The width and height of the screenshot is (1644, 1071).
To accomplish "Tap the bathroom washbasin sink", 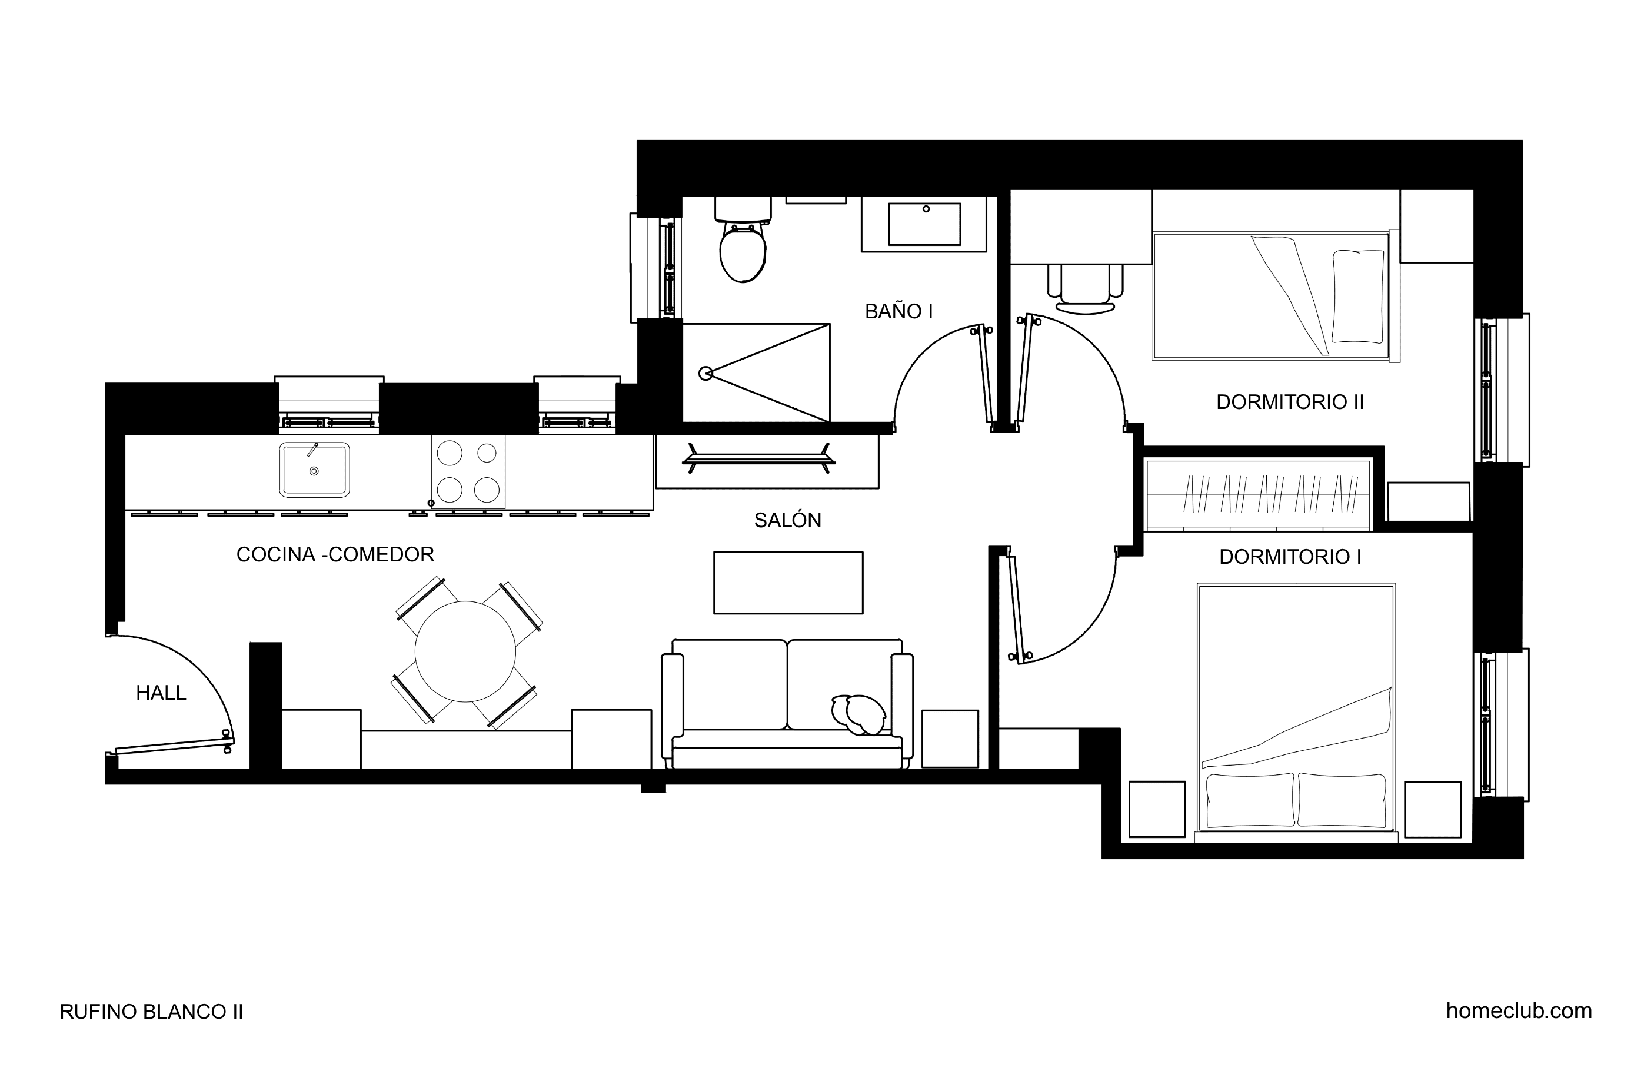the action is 924,224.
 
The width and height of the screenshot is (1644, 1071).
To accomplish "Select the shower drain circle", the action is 705,374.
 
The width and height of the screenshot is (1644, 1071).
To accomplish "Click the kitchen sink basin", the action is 314,470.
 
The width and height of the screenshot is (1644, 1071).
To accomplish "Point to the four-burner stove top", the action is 468,472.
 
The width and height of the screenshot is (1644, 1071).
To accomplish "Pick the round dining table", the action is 465,651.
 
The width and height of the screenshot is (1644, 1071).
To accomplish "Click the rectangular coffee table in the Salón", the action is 788,583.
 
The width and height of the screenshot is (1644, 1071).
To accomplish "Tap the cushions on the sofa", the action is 858,714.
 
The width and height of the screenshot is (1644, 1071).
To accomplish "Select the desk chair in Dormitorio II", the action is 1085,290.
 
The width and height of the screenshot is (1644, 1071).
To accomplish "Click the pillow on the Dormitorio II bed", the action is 1358,297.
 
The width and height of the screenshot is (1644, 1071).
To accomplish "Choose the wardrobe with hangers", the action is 1258,495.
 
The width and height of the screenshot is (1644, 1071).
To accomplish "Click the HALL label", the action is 161,693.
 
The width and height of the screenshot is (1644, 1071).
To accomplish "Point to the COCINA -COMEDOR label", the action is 335,554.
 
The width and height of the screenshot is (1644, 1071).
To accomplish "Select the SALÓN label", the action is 787,520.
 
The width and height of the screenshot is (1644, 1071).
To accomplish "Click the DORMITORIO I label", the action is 1290,557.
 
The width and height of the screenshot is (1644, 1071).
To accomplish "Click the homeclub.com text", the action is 1519,1011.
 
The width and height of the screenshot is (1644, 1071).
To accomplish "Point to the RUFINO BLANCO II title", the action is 151,1012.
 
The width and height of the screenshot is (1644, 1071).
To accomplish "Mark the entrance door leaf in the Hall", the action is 174,746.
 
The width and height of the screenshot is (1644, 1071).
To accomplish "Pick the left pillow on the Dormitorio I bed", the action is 1250,800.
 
